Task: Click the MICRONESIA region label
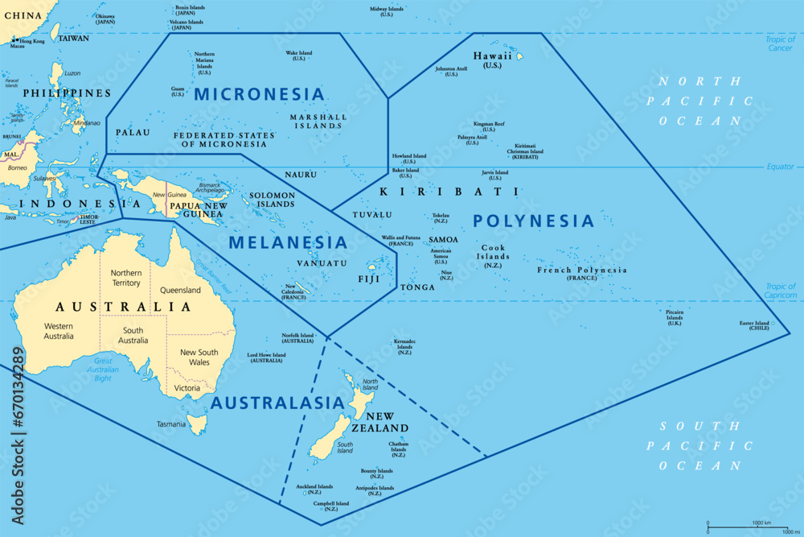point(259,94)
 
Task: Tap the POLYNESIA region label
point(533,221)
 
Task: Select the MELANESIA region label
point(288,242)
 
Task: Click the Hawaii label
point(492,60)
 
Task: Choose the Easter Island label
point(759,325)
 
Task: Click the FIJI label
point(369,279)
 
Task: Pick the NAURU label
point(301,175)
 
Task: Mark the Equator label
point(779,167)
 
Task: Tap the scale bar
point(747,527)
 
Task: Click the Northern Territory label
point(126,278)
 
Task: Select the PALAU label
point(133,132)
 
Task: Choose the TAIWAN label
point(74,38)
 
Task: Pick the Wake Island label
point(299,56)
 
